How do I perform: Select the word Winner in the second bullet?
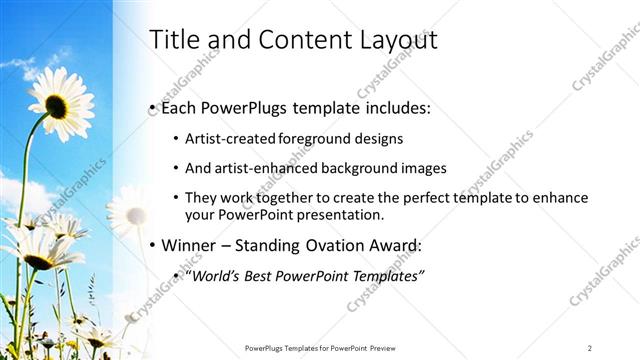[190, 245]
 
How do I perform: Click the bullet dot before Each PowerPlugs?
[151, 106]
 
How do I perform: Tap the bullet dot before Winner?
[151, 246]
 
